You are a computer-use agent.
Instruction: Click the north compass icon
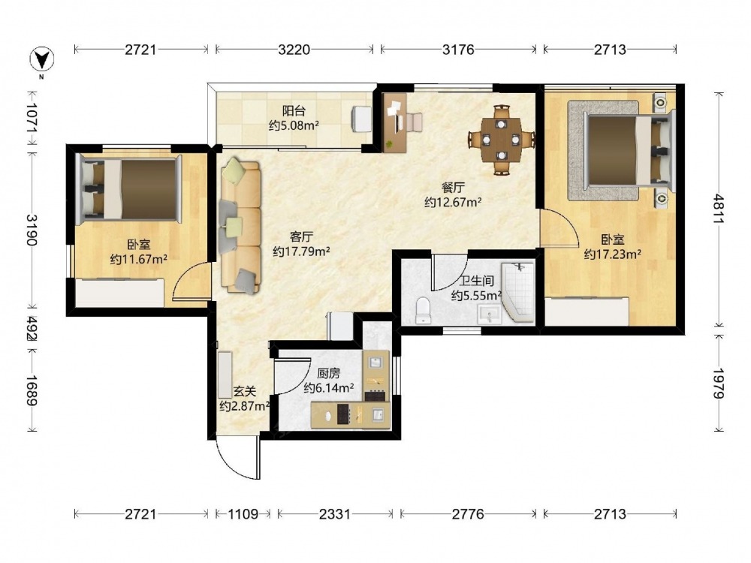pyautogui.click(x=41, y=60)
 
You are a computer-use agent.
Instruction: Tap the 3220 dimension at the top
pyautogui.click(x=294, y=50)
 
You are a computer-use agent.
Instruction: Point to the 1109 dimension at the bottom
pyautogui.click(x=243, y=514)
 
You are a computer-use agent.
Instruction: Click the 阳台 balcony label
pyautogui.click(x=294, y=111)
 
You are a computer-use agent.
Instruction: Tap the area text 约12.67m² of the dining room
pyautogui.click(x=453, y=202)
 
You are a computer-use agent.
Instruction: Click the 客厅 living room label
pyautogui.click(x=302, y=236)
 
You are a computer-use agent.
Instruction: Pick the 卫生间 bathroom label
pyautogui.click(x=476, y=281)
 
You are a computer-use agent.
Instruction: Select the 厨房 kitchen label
pyautogui.click(x=329, y=373)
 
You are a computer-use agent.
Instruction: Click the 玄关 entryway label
pyautogui.click(x=244, y=392)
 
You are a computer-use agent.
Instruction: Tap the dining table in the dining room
pyautogui.click(x=501, y=140)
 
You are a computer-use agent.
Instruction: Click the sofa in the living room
pyautogui.click(x=240, y=225)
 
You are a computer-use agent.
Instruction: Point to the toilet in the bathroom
pyautogui.click(x=423, y=310)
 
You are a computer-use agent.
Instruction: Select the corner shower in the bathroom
pyautogui.click(x=518, y=292)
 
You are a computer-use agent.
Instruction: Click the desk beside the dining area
pyautogui.click(x=396, y=122)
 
